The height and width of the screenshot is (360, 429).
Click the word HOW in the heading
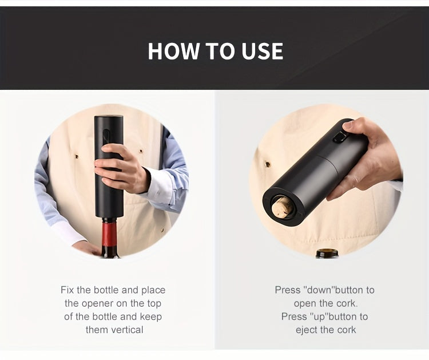pyautogui.click(x=174, y=51)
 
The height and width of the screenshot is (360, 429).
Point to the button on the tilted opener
pyautogui.click(x=339, y=137)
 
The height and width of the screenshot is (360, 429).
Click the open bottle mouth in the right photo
pyautogui.click(x=326, y=252)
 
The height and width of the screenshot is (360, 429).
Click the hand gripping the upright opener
pyautogui.click(x=122, y=168)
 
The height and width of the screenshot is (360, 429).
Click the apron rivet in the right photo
pyautogui.click(x=268, y=164)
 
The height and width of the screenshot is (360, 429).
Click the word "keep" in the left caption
pyautogui.click(x=151, y=317)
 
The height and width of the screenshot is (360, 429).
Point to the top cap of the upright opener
pyautogui.click(x=109, y=118)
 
